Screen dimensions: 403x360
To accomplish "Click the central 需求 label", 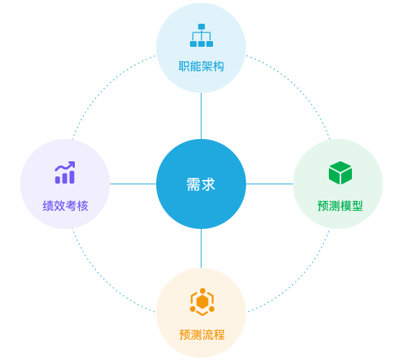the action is click(201, 184).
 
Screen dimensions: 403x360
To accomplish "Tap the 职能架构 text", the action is click(201, 66).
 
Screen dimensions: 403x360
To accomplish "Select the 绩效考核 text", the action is click(65, 206).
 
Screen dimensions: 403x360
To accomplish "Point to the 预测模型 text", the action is click(340, 206).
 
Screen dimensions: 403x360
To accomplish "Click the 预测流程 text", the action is click(201, 335).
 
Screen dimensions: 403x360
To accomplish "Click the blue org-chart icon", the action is click(201, 35).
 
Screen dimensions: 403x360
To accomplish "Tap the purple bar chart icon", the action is click(65, 173).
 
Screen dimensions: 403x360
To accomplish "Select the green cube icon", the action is click(340, 173).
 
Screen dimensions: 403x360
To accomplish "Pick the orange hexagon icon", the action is click(202, 302).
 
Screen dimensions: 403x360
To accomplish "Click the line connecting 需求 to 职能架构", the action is click(201, 116).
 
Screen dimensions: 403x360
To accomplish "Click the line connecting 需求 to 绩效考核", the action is click(133, 184).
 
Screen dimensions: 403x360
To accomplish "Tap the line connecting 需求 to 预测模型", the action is click(269, 184).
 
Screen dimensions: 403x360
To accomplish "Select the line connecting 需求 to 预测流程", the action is click(201, 248).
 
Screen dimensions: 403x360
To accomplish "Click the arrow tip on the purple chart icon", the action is click(74, 162).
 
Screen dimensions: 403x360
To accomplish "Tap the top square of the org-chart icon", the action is click(201, 27).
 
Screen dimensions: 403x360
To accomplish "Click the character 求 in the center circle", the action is click(208, 184).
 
